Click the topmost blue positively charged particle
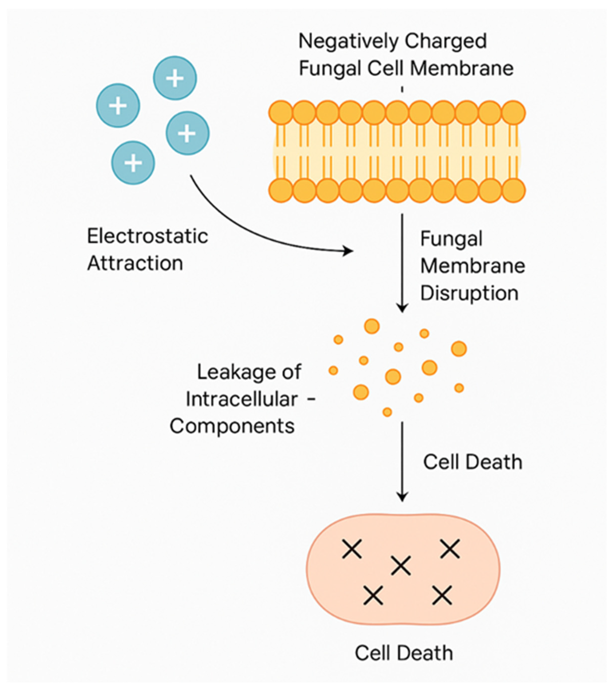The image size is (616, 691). [175, 78]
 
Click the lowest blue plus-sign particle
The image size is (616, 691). [133, 163]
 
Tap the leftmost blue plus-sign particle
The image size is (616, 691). [118, 106]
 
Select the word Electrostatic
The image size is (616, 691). [147, 236]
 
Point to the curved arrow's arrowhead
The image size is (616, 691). [349, 251]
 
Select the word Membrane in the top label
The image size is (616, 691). [462, 68]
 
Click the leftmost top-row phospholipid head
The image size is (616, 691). [280, 112]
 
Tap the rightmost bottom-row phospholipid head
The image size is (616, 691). [513, 190]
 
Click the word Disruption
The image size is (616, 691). [469, 293]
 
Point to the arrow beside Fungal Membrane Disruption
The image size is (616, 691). [402, 264]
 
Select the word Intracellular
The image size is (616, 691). [242, 399]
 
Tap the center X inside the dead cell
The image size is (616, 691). [401, 565]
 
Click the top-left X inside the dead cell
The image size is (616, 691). [352, 549]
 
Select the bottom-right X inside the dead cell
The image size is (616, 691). [442, 595]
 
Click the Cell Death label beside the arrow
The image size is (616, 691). [472, 462]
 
